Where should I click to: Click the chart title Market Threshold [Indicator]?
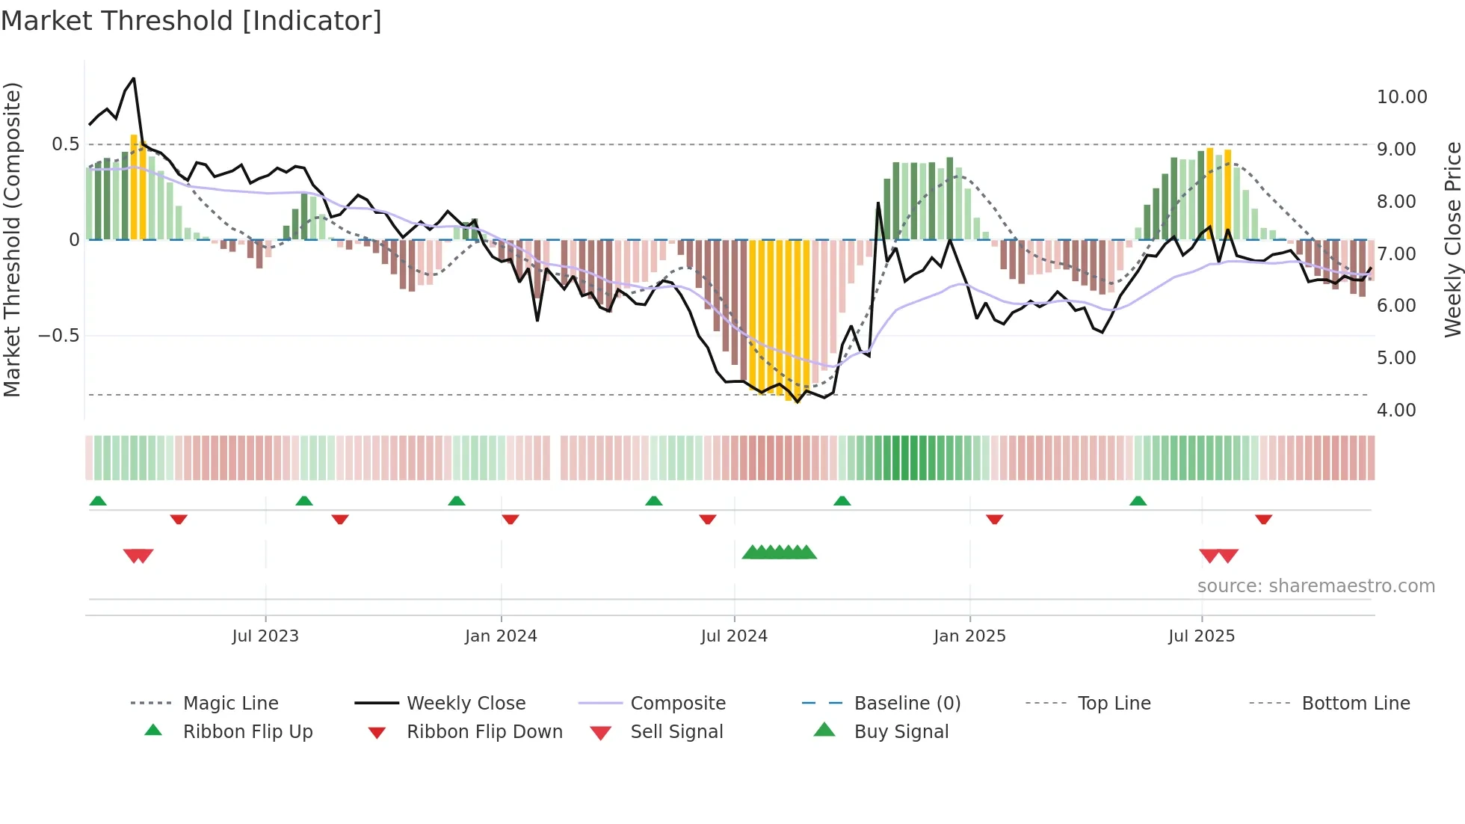191,21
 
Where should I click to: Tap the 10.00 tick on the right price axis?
1401,97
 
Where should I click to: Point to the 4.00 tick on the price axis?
1395,411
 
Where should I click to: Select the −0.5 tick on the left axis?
58,336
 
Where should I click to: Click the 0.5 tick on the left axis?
65,144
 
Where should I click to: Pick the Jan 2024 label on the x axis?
501,636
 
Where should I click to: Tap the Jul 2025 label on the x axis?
1201,636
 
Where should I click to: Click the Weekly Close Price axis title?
1452,239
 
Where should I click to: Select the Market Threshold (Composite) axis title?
12,239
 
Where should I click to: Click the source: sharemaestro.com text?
1316,586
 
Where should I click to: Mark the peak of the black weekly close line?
134,79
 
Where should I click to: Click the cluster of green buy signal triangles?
779,553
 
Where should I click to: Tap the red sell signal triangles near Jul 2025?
1218,556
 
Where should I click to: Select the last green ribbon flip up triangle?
1138,501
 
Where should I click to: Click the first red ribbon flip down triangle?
179,519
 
